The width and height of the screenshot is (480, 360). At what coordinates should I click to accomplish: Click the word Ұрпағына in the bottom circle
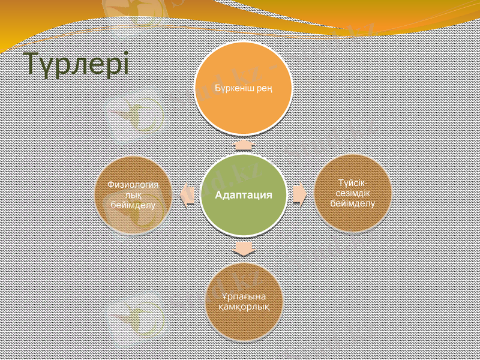(243, 296)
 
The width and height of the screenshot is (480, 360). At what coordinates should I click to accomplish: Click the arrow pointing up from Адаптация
(243, 145)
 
